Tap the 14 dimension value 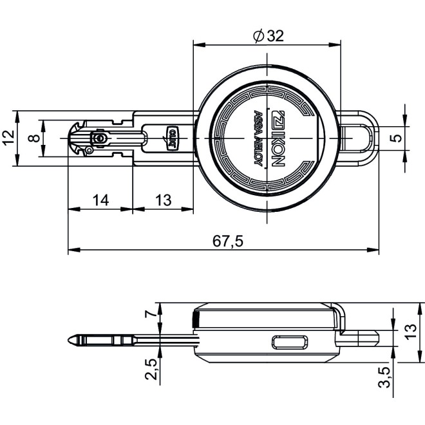click(100, 200)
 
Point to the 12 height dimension click(8, 137)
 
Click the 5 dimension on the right click(399, 137)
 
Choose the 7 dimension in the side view click(149, 314)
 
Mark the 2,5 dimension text click(150, 371)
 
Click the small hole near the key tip click(99, 138)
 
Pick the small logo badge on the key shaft click(172, 138)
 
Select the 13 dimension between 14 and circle click(163, 200)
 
